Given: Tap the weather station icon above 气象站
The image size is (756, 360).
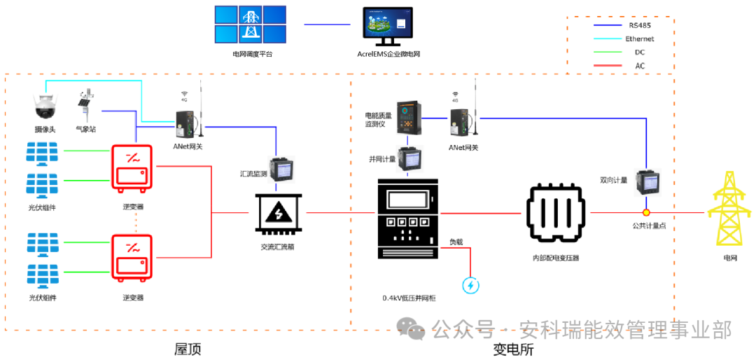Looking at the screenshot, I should click(x=85, y=105).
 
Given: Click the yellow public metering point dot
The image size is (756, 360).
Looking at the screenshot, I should click(x=647, y=212).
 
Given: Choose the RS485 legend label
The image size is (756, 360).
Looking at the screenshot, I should click(x=640, y=25).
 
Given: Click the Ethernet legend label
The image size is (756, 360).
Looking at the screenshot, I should click(x=640, y=39).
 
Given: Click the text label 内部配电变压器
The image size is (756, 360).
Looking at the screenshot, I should click(x=556, y=258).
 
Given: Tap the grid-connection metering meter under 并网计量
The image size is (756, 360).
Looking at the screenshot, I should click(x=408, y=158).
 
